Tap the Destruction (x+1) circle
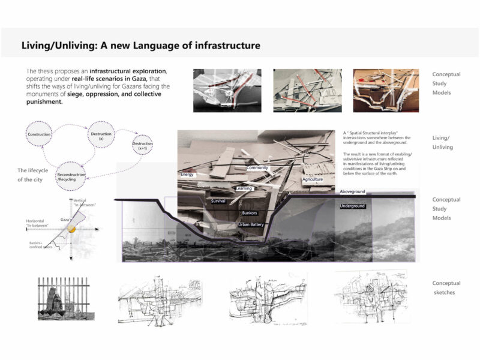pyautogui.click(x=142, y=145)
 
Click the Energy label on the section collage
pyautogui.click(x=188, y=175)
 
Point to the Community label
pyautogui.click(x=257, y=168)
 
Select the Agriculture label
pyautogui.click(x=313, y=179)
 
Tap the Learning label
pyautogui.click(x=244, y=188)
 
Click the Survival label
pyautogui.click(x=218, y=201)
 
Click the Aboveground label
pyautogui.click(x=353, y=191)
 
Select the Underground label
pyautogui.click(x=353, y=206)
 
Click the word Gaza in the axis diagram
pyautogui.click(x=65, y=220)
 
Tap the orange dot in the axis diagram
pyautogui.click(x=72, y=229)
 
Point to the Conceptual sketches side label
pyautogui.click(x=446, y=287)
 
